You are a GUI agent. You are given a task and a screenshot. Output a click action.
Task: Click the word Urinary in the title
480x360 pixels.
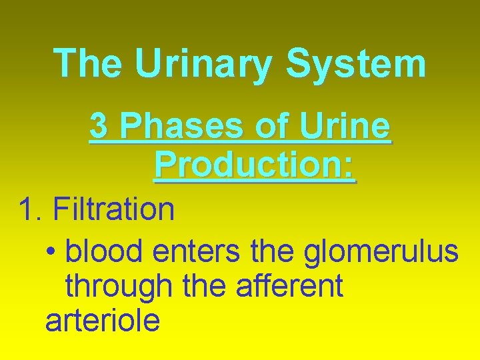point(204,63)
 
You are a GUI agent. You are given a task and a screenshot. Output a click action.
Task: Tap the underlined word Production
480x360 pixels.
point(249,164)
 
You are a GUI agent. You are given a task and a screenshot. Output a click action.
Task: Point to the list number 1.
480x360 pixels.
point(29,209)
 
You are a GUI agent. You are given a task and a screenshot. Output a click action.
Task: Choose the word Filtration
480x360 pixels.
point(114,209)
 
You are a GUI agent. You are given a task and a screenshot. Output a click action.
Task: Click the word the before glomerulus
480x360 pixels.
point(274,252)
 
